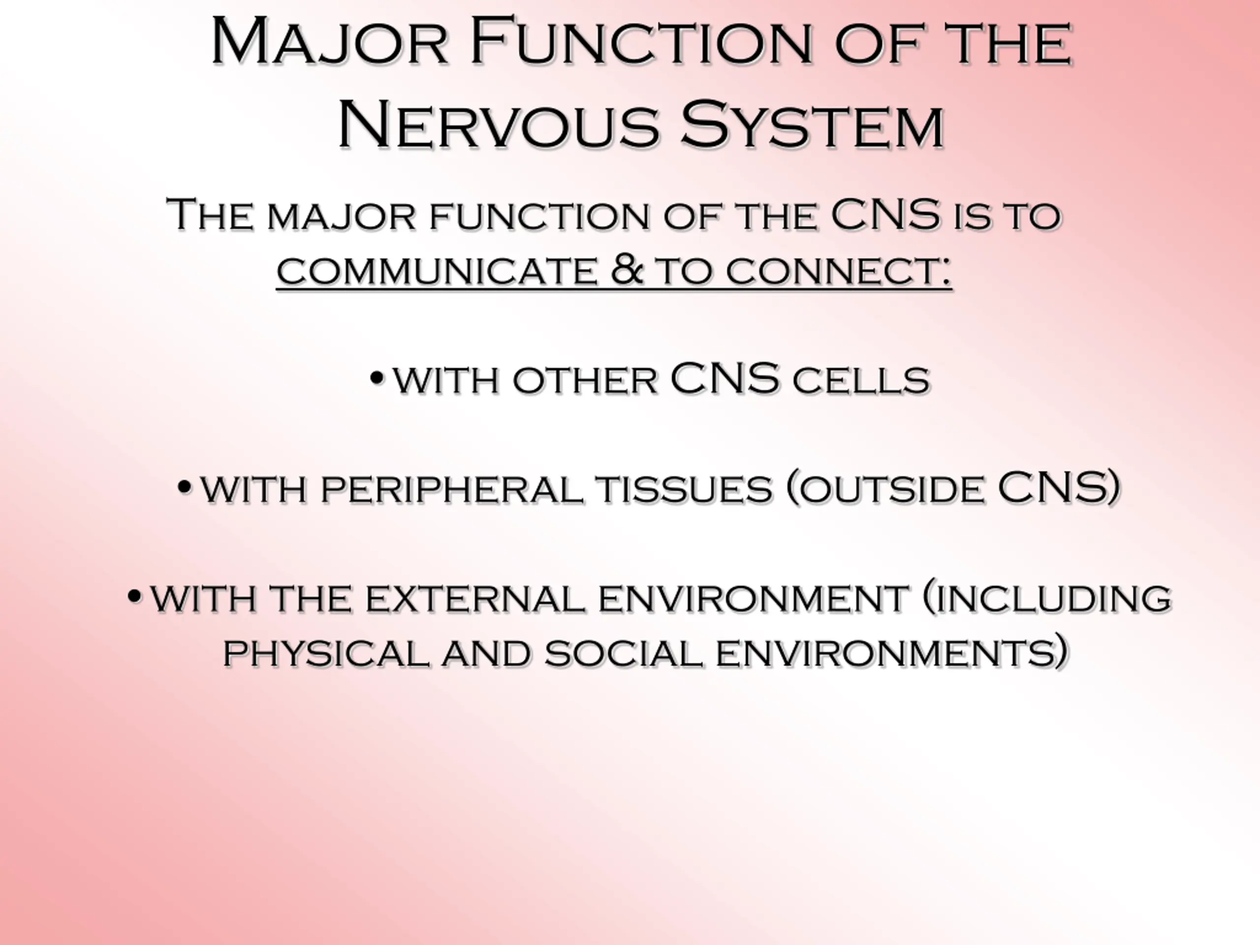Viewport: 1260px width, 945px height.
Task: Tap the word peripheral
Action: (452, 489)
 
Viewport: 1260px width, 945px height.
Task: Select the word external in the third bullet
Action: (475, 598)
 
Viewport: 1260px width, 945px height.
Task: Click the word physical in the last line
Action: (325, 653)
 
